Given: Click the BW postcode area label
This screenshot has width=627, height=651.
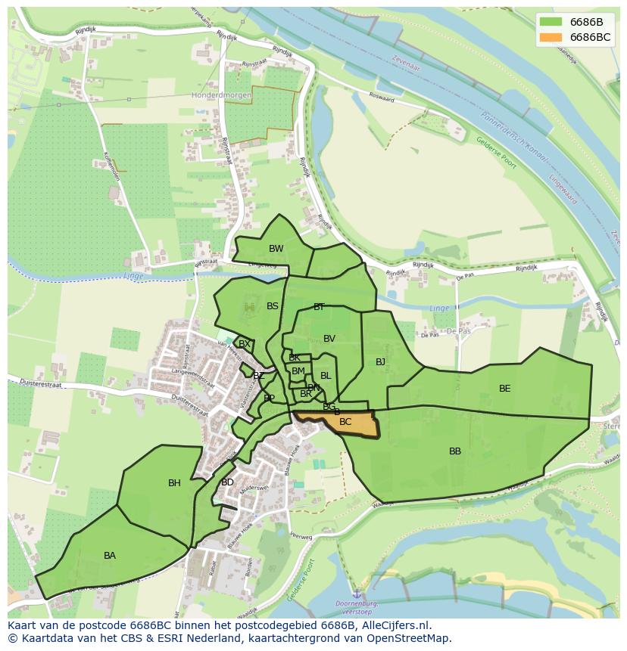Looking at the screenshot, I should pos(276,249).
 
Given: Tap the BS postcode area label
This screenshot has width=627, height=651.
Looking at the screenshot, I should pos(273,306).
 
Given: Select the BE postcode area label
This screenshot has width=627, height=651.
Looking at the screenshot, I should pos(504,389).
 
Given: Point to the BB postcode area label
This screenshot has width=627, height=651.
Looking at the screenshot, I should pos(455,451).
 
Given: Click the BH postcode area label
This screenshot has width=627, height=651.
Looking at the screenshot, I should pos(174,483).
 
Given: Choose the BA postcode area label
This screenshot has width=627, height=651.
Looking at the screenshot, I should pos(110,556).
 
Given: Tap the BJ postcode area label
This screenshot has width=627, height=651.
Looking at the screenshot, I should pos(380,362).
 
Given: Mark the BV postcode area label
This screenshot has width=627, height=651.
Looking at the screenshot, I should pos(329,339).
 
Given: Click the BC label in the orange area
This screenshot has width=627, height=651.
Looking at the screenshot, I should pos(345,422).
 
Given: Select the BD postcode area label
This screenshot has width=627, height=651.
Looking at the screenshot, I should pos(227,482).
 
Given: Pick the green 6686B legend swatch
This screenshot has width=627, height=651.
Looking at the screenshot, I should pos(551,22).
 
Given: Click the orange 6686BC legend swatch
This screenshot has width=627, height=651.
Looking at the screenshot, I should pos(551,37).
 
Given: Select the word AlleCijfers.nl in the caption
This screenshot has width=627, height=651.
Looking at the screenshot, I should pos(395,625).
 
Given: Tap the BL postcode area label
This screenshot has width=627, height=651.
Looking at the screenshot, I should pos(326,376).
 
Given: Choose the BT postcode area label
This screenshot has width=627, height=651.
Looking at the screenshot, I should pos(319,307).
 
